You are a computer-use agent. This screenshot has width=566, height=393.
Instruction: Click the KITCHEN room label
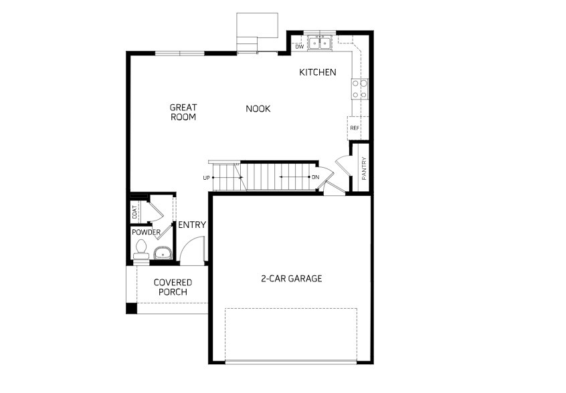pyautogui.click(x=318, y=72)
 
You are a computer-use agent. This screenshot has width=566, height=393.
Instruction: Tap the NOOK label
pyautogui.click(x=258, y=108)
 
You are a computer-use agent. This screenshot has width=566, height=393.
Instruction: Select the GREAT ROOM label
pyautogui.click(x=183, y=112)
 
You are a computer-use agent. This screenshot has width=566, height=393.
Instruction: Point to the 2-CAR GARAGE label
pyautogui.click(x=292, y=278)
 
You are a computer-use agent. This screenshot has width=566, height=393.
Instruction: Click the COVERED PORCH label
pyautogui.click(x=173, y=287)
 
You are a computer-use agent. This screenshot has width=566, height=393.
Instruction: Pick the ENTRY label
pyautogui.click(x=192, y=225)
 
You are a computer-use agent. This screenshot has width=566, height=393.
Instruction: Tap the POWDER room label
pyautogui.click(x=146, y=232)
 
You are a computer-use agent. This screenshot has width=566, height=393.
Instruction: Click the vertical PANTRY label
pyautogui.click(x=364, y=168)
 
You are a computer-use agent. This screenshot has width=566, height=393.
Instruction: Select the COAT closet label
pyautogui.click(x=134, y=212)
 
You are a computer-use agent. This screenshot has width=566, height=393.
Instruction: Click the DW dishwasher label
pyautogui.click(x=299, y=47)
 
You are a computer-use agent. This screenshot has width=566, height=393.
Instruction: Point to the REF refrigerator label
pyautogui.click(x=355, y=128)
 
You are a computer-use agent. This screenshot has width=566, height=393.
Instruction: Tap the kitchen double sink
pyautogui.click(x=320, y=43)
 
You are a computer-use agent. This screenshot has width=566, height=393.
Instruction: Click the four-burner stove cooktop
pyautogui.click(x=360, y=89)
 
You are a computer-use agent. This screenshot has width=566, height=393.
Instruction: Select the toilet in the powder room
pyautogui.click(x=141, y=250)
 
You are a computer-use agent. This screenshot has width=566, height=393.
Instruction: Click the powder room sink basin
pyautogui.click(x=163, y=253)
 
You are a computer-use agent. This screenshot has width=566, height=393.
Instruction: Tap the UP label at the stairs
pyautogui.click(x=206, y=178)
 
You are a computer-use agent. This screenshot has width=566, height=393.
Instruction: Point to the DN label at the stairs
pyautogui.click(x=316, y=177)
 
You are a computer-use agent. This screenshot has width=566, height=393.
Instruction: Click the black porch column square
pyautogui.click(x=131, y=308)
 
